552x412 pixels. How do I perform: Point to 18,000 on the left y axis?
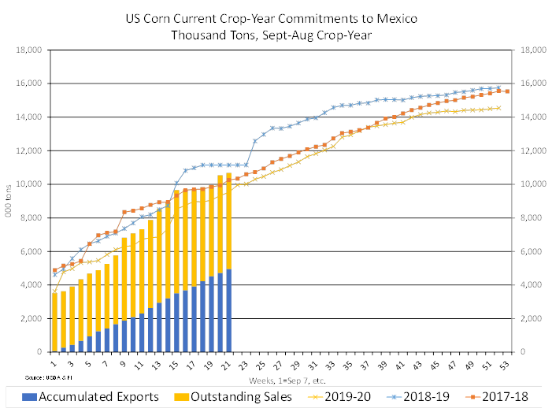coord(29,50)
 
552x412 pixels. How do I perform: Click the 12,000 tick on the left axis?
coord(29,150)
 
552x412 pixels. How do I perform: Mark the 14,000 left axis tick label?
coord(29,117)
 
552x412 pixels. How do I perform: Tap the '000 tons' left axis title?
coord(9,201)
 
